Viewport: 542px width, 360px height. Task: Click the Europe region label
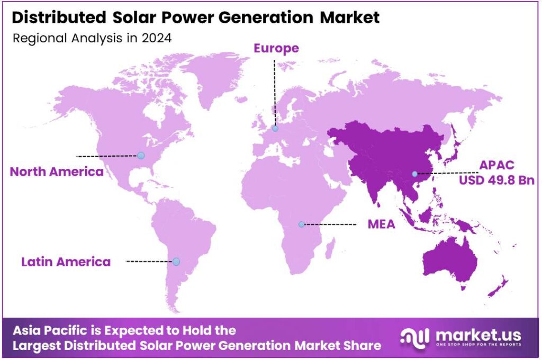click(276, 48)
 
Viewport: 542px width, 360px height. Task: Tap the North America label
click(57, 172)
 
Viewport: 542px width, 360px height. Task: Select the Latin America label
click(66, 262)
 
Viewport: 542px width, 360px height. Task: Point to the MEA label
click(381, 224)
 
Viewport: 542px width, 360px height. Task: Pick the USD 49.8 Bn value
click(496, 181)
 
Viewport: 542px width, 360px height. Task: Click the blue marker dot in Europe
click(275, 128)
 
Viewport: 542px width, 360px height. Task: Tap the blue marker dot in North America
click(140, 155)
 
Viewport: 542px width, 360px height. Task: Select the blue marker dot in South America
click(176, 262)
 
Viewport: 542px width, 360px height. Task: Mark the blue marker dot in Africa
click(301, 224)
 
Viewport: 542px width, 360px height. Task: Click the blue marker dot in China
click(415, 174)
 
